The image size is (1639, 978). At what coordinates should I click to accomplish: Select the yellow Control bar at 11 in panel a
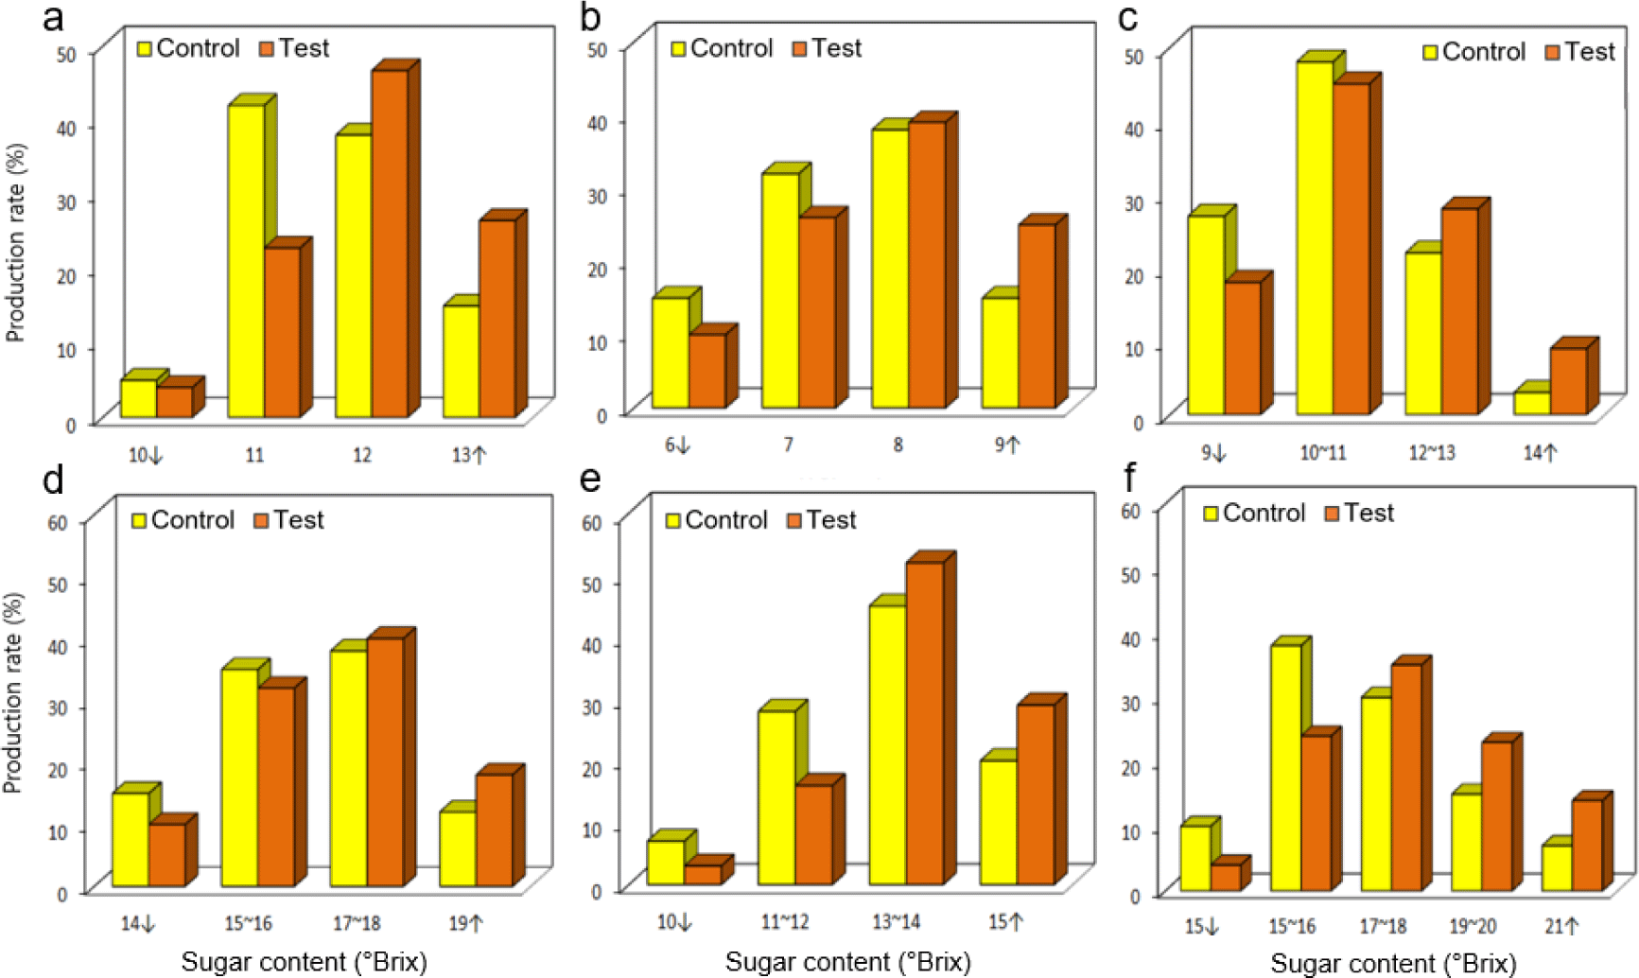[246, 261]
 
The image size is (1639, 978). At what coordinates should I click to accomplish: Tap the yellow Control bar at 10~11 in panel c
[1315, 238]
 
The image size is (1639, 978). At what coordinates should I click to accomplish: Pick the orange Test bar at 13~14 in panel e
[925, 724]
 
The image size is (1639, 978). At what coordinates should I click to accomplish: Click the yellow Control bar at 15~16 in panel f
[1286, 768]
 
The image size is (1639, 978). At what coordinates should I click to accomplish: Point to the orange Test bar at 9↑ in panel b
[1037, 316]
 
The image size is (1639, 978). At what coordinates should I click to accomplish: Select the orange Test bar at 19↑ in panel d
[495, 830]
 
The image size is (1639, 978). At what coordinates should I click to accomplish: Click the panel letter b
[590, 17]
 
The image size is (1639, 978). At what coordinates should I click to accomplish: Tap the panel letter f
[1129, 480]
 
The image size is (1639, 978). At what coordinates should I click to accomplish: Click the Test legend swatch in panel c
[1552, 52]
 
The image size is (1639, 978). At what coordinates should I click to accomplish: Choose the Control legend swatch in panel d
[139, 520]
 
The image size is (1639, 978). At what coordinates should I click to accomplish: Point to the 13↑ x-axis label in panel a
[468, 455]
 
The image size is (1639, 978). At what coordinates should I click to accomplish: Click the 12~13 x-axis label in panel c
[1432, 453]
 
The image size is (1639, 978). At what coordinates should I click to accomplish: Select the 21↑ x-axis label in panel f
[1561, 927]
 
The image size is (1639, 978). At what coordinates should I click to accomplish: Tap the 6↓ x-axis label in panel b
[677, 445]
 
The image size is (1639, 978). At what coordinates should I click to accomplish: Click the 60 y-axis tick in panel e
[592, 522]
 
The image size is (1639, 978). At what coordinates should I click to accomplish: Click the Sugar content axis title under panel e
[847, 962]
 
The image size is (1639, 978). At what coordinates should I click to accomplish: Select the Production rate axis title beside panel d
[12, 692]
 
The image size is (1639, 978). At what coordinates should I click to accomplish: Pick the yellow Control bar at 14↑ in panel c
[1532, 403]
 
